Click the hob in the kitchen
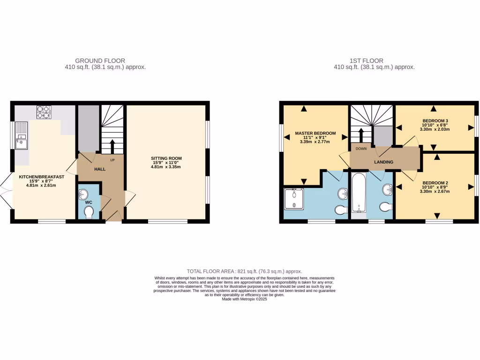(44, 112)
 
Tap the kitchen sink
(22, 135)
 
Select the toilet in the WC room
(89, 212)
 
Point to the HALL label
(99, 169)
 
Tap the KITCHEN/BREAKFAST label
(41, 177)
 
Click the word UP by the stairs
(112, 160)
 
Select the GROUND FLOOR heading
(100, 60)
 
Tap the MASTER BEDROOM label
(315, 133)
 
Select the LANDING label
(384, 162)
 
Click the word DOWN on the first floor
(361, 149)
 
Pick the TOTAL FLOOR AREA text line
(244, 271)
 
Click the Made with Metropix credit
(244, 299)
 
